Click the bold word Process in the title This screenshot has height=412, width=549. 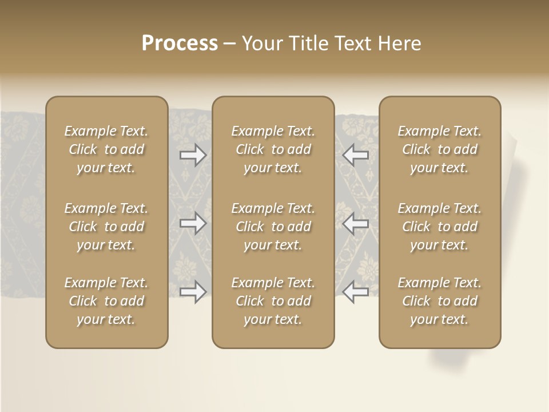pos(180,43)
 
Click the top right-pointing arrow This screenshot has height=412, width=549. pos(193,155)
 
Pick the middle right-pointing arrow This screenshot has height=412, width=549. pos(193,223)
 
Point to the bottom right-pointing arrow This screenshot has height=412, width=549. pos(193,291)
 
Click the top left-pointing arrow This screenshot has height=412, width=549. pos(356,155)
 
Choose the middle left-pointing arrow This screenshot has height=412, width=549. pos(356,223)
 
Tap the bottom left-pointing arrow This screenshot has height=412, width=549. pos(356,291)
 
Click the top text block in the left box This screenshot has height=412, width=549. pos(106,149)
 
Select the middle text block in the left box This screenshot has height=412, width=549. pos(106,227)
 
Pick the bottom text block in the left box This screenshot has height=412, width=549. pos(106,301)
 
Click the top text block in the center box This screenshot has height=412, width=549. pos(273,149)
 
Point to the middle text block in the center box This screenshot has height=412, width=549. pos(273,227)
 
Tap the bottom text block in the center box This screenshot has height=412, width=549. pos(273,301)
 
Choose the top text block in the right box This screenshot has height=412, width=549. pos(440,149)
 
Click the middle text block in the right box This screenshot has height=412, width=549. pos(440,227)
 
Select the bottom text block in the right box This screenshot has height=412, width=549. pos(440,301)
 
